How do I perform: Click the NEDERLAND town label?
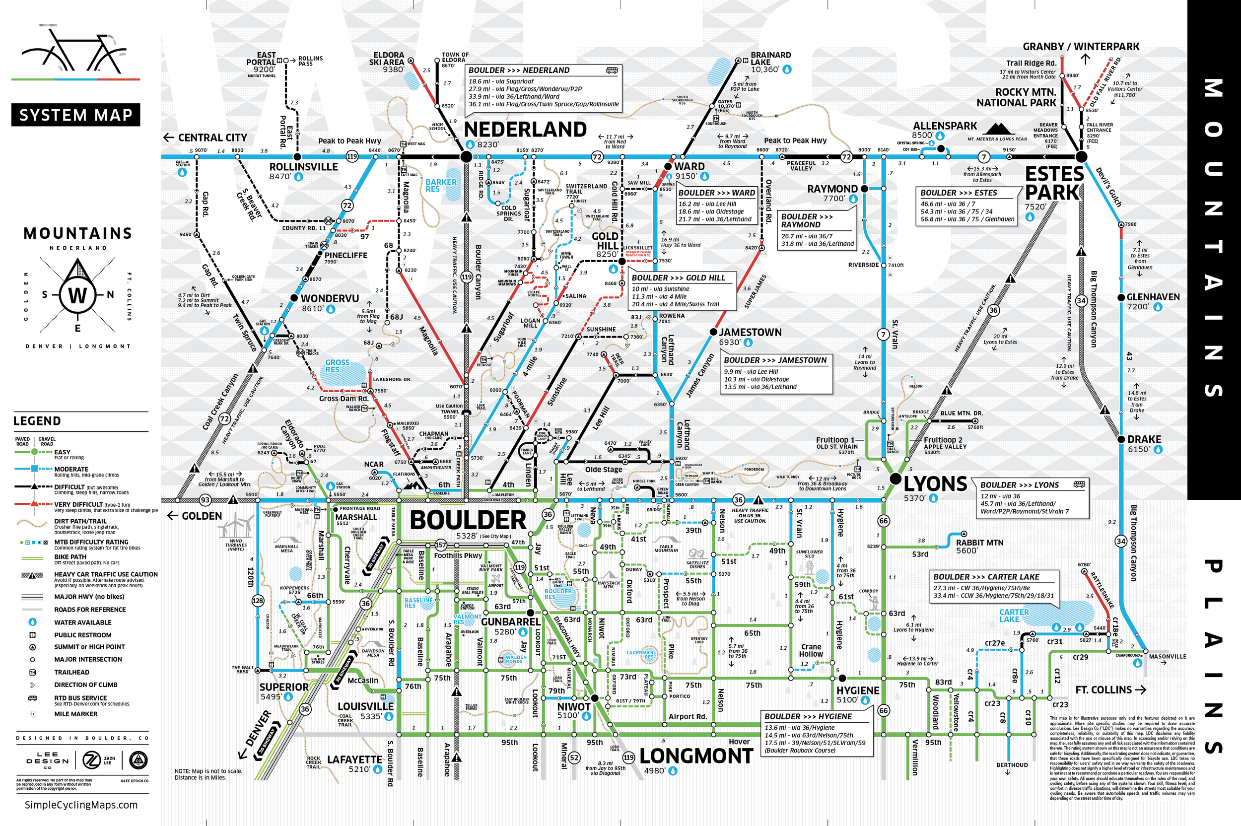525,130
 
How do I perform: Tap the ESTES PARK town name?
1054,183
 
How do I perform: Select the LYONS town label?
935,483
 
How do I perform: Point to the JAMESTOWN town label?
750,333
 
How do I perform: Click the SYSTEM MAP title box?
76,115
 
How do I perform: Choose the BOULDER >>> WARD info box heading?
716,193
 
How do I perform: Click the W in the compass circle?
77,295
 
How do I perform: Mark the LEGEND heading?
37,421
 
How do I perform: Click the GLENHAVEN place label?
1153,297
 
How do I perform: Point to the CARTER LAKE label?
1014,616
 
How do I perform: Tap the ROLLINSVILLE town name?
303,167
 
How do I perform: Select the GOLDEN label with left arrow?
195,516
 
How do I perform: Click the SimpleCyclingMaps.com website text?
81,805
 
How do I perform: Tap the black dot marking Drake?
1121,439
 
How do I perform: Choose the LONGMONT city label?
696,757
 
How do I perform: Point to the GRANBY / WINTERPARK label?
1081,47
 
